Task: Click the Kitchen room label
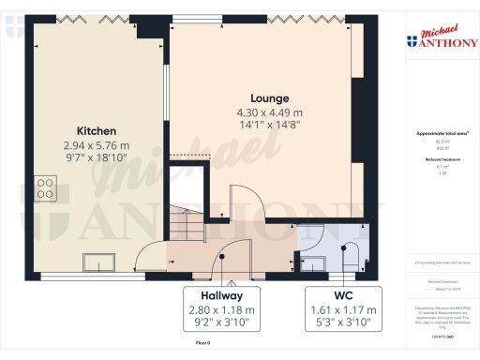(97, 130)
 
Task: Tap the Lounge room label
(269, 97)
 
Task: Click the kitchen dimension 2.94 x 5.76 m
(97, 145)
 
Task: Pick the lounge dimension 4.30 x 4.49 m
(269, 112)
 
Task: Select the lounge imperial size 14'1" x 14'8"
(269, 126)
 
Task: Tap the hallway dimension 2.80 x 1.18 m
(222, 308)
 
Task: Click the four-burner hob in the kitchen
(44, 187)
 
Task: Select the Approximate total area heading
(441, 133)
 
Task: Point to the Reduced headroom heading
(441, 158)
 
